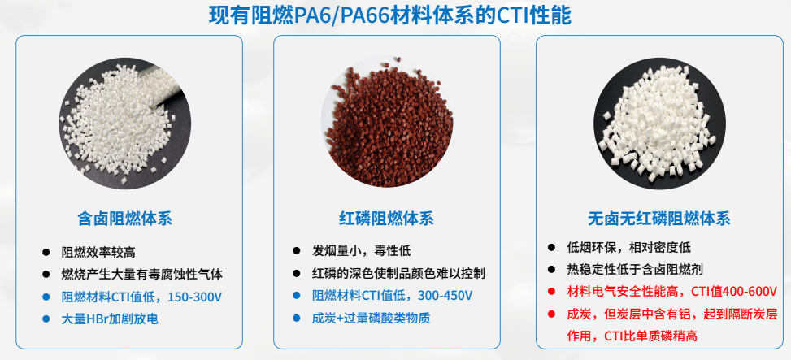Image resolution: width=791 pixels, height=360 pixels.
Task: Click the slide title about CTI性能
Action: tap(390, 15)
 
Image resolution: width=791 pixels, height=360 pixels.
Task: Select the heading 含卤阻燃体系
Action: tap(124, 219)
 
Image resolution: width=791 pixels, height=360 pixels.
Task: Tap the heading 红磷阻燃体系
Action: tap(386, 219)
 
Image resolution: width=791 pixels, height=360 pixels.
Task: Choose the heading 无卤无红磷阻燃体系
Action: tap(659, 219)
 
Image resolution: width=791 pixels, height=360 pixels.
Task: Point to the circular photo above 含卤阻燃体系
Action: tap(125, 124)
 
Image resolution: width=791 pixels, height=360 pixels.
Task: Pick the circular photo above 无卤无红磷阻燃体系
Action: tap(660, 124)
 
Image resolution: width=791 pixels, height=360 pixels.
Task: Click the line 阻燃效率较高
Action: tap(98, 252)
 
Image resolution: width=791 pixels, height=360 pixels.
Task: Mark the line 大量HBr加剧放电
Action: tap(110, 319)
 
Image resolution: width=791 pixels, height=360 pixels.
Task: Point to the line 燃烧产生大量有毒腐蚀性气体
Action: tap(141, 275)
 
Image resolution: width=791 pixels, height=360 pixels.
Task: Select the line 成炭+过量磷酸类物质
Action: tap(371, 319)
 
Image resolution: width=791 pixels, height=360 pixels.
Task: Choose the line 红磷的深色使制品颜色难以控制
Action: tap(398, 274)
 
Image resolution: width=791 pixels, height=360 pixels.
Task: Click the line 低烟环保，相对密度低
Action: tap(628, 248)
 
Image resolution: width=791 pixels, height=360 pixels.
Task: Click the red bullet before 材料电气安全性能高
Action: tap(551, 292)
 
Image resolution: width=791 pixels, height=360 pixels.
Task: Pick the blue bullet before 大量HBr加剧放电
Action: tap(46, 319)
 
